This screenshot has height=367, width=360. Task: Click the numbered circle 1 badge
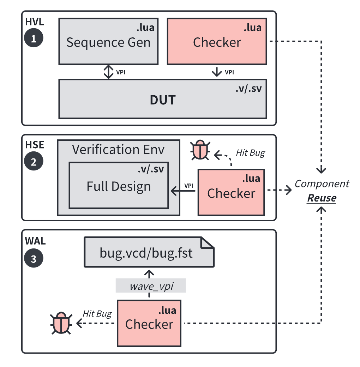coord(34,38)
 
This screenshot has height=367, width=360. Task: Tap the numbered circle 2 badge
coord(34,162)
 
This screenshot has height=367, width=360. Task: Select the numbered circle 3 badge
coord(34,259)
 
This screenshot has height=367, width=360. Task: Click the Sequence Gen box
coord(108,42)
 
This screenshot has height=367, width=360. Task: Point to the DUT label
coord(162,100)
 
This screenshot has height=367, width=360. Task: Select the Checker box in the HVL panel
coord(217,42)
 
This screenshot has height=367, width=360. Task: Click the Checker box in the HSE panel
coord(231,193)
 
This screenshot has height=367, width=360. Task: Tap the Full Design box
coord(119,186)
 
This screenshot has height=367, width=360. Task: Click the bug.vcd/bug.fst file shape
coord(149,252)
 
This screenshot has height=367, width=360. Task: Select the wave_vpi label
coord(151,286)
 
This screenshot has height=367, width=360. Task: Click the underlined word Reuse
coord(322,198)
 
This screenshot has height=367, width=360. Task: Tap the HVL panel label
coord(34,22)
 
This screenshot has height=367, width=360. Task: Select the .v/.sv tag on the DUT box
coord(248,89)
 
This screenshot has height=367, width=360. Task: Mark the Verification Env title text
coord(118,149)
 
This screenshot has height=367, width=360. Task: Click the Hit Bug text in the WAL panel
coord(97,313)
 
